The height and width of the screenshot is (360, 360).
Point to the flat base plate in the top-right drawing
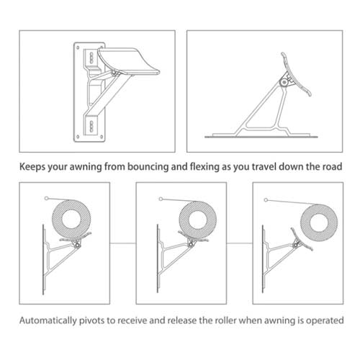click(266, 134)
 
